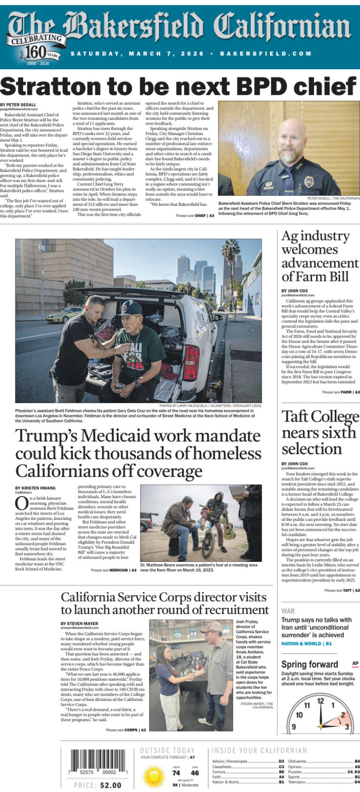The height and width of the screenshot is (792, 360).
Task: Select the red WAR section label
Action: (x=288, y=611)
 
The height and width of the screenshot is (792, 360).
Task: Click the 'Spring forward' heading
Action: (x=309, y=664)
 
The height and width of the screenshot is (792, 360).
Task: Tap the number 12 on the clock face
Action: (x=320, y=701)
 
